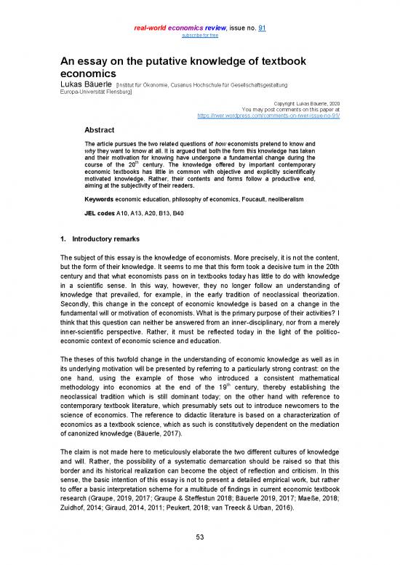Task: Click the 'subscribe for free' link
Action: click(x=200, y=34)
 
